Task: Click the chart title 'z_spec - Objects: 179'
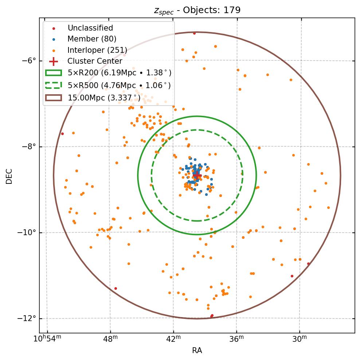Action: click(197, 10)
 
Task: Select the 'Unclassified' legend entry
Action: click(90, 28)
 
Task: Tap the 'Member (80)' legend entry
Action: click(92, 39)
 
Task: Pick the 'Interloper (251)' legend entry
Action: click(97, 50)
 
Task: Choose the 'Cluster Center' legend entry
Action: click(95, 61)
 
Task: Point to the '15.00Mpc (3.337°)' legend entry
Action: click(104, 98)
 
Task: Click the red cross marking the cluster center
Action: click(197, 175)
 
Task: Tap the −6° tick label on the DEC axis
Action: click(29, 60)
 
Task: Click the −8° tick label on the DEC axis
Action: click(29, 147)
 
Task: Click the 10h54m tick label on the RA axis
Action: click(47, 339)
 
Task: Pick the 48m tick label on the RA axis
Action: click(110, 339)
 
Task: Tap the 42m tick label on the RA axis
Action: click(173, 339)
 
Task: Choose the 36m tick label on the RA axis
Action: click(236, 339)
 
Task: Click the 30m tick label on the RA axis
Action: click(300, 339)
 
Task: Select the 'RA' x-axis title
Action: click(197, 351)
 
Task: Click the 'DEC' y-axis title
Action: click(9, 176)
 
